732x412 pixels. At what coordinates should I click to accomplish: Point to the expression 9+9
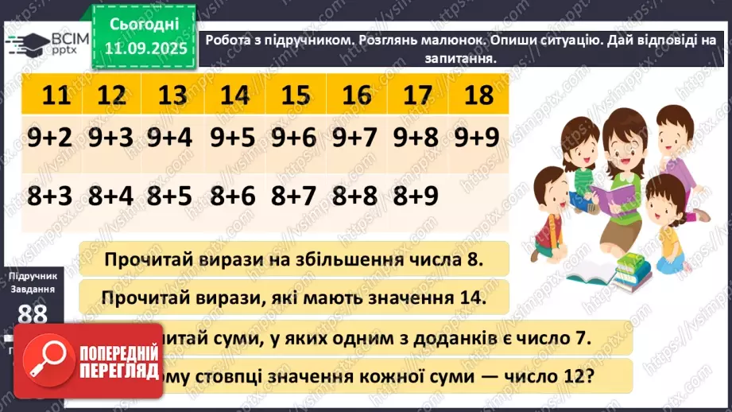(x=477, y=138)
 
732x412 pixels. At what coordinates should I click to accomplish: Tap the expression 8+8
(x=356, y=196)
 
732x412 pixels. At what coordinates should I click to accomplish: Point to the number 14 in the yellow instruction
(x=466, y=297)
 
